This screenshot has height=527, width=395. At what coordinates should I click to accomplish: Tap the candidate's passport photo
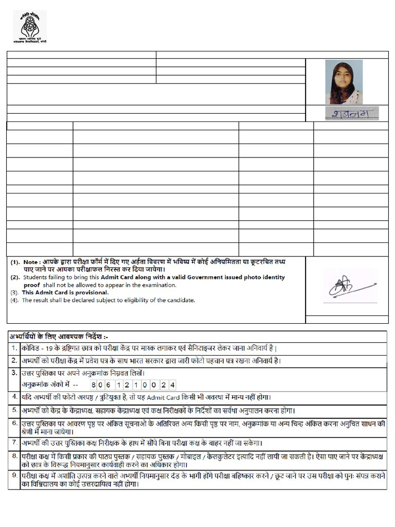[344, 82]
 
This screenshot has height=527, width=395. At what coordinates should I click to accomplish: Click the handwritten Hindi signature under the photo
[352, 113]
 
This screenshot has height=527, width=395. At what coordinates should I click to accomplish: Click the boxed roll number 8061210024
[133, 385]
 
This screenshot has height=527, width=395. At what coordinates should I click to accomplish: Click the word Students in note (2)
[33, 277]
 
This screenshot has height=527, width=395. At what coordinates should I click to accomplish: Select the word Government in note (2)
[242, 277]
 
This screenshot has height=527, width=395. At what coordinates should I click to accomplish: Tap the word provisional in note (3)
[91, 292]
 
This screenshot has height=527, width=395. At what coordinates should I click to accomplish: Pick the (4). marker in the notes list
[14, 300]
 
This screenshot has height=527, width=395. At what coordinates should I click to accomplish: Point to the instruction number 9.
[15, 476]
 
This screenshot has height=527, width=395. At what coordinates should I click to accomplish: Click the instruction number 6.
[15, 423]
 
